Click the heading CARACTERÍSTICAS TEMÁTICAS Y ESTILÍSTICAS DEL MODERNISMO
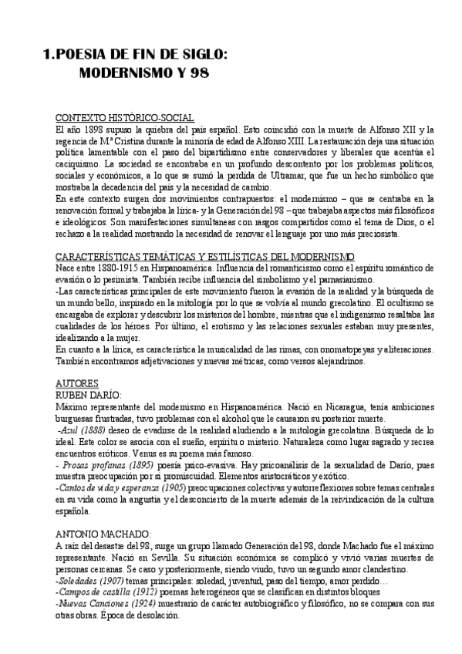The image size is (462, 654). [205, 256]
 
